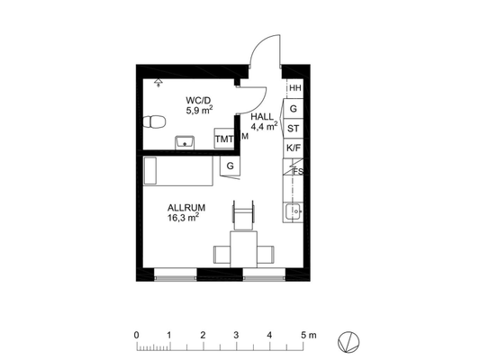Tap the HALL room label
[x=262, y=116]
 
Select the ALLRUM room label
[x=186, y=208]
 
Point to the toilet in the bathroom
[x=154, y=121]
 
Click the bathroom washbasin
[x=185, y=142]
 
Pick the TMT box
[x=224, y=139]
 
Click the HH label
[x=295, y=88]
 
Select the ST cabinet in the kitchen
[x=294, y=129]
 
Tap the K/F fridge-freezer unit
[x=294, y=148]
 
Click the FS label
[x=298, y=171]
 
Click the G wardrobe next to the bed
[x=230, y=166]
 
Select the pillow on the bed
[x=150, y=171]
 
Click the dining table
[x=244, y=250]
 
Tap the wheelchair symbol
[x=244, y=214]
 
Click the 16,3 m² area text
[x=183, y=218]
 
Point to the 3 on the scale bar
[x=236, y=335]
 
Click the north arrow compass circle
[x=349, y=342]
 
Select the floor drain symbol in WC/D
[x=158, y=82]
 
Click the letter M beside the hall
[x=245, y=137]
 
